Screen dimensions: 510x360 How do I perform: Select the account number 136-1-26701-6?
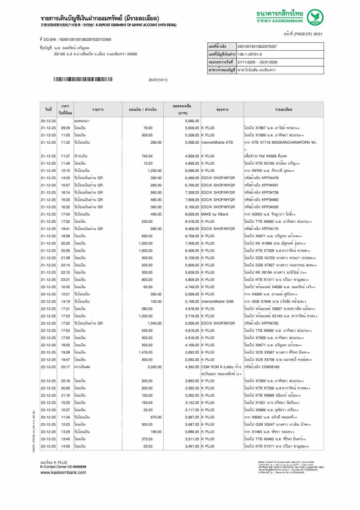(250, 54)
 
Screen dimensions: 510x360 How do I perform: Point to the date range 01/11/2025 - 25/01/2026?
(257, 62)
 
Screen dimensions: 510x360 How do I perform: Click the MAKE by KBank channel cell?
(215, 214)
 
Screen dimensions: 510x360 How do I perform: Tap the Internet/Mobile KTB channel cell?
(217, 142)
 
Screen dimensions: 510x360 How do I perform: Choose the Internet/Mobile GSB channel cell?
(217, 302)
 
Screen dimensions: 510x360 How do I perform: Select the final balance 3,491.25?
(192, 446)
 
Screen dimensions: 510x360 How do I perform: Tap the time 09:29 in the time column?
(65, 128)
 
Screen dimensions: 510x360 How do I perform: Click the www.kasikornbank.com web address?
(63, 472)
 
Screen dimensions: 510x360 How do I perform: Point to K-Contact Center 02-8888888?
(63, 467)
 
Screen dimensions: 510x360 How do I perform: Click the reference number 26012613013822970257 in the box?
(257, 47)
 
